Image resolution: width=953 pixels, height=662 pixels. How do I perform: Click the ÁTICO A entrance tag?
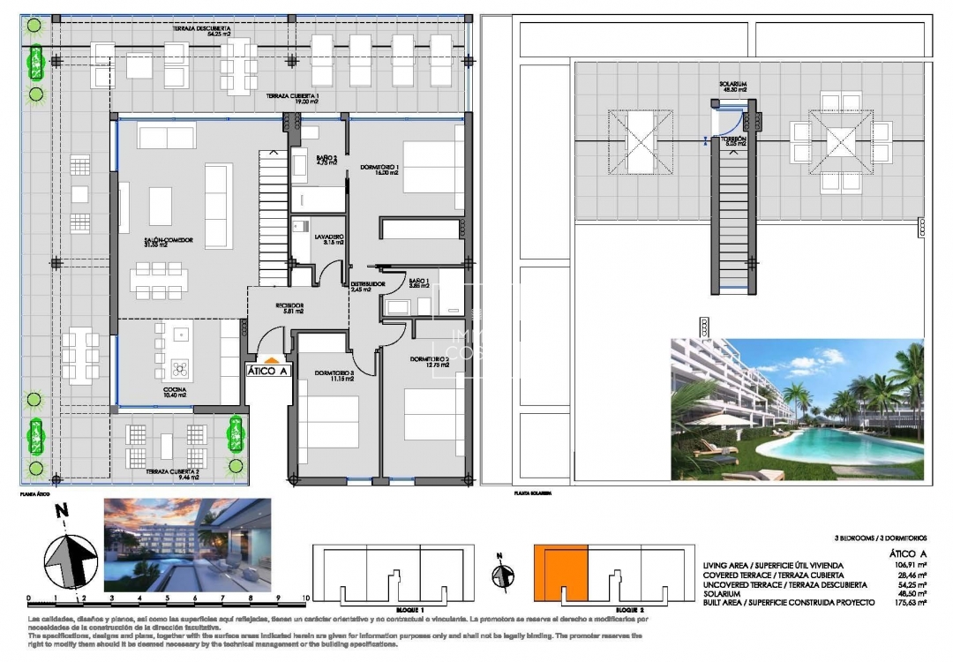point(267,372)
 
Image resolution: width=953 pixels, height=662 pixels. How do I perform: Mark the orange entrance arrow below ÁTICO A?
point(272,359)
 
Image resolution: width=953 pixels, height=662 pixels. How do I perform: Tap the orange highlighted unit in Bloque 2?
point(559,574)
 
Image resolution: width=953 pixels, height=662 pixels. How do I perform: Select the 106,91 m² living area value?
point(909,566)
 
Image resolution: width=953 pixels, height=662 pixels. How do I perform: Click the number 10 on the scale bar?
point(304,598)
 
